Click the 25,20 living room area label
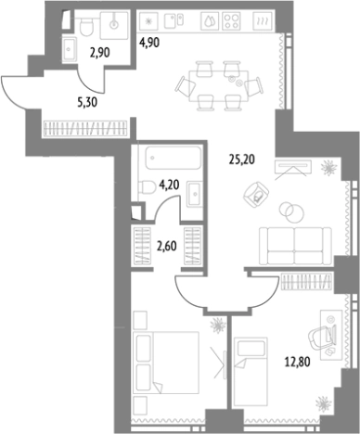241,158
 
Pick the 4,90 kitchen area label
150,41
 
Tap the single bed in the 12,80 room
259,371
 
